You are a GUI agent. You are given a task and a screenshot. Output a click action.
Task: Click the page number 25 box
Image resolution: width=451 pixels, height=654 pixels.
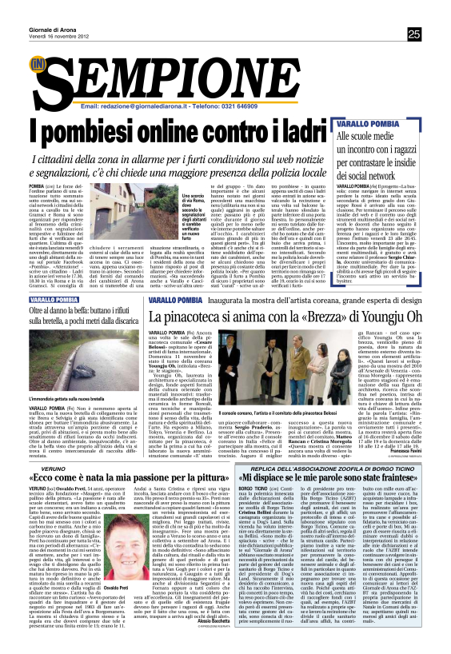click(413, 34)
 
